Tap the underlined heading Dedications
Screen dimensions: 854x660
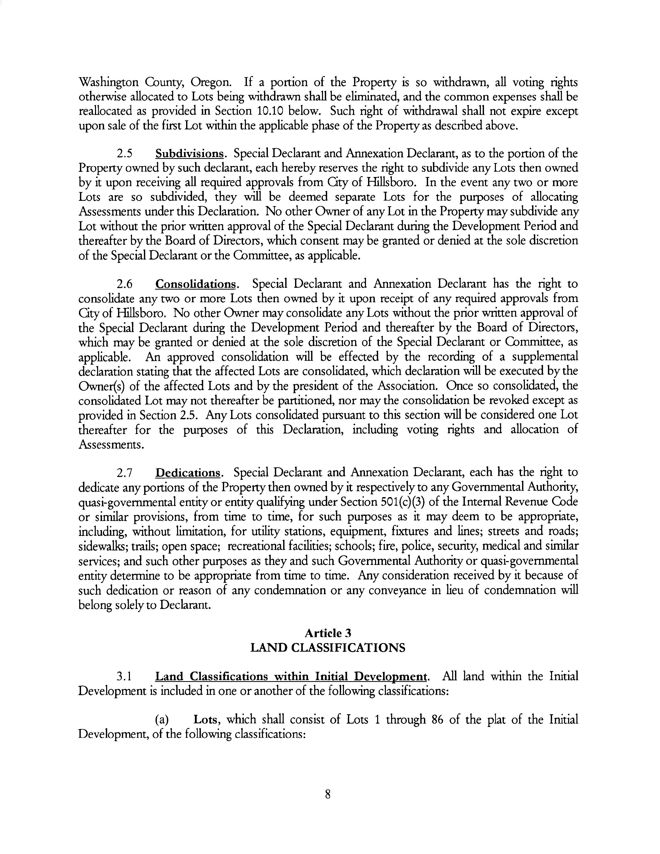tap(188, 473)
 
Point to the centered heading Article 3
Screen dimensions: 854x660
tap(328, 633)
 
